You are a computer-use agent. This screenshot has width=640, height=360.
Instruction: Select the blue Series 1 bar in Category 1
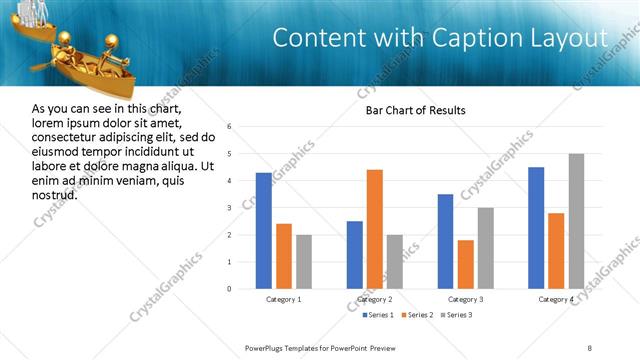click(263, 231)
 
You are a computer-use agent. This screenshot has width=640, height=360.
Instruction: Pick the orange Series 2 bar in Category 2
click(375, 229)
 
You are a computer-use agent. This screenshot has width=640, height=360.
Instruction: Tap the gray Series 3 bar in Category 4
click(576, 221)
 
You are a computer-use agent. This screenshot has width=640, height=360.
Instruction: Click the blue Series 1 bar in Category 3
click(445, 241)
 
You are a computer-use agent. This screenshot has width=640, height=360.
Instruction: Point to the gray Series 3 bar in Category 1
click(303, 262)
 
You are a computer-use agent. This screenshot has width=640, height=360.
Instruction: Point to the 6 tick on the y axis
click(229, 127)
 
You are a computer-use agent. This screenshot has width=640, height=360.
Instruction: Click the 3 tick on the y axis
click(229, 208)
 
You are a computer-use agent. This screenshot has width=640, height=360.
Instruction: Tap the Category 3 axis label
click(465, 299)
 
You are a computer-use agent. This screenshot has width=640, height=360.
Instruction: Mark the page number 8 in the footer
click(590, 347)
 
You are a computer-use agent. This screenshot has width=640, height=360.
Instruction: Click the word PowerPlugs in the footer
click(268, 347)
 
